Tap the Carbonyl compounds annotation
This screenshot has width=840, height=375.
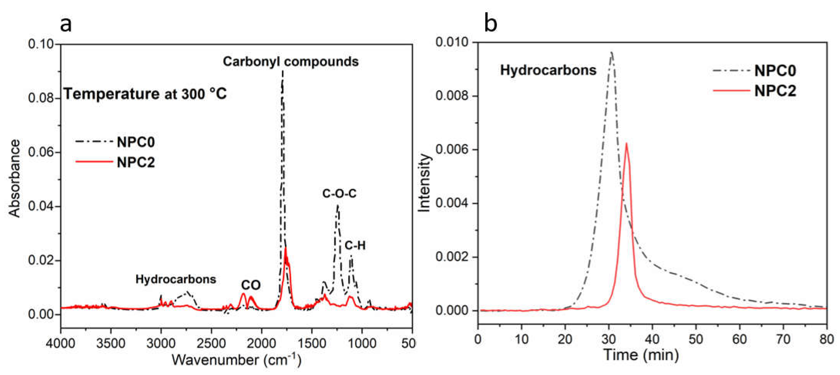click(291, 62)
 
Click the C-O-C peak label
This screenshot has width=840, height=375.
click(339, 194)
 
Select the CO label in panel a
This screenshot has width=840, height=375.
click(251, 285)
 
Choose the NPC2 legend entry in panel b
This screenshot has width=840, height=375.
click(775, 91)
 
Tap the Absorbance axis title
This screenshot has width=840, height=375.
click(15, 178)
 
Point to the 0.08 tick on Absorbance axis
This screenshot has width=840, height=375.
click(41, 98)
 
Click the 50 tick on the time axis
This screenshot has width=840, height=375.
click(696, 339)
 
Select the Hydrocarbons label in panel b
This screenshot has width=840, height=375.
click(548, 70)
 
